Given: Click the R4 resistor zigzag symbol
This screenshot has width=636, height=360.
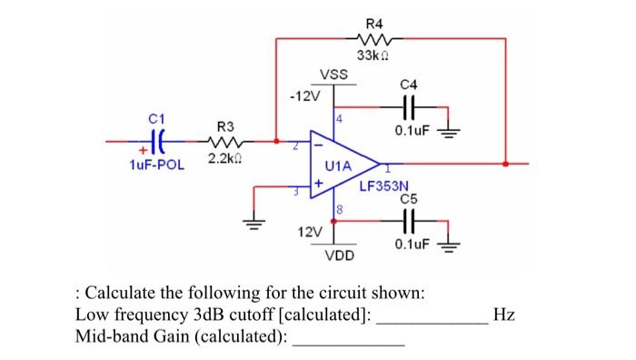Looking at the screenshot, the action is (374, 39).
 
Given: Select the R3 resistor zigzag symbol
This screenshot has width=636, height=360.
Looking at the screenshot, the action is (225, 142).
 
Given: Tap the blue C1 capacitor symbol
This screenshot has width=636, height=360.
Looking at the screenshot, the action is (157, 142).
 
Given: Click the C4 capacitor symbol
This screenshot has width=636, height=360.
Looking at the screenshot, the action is (409, 107).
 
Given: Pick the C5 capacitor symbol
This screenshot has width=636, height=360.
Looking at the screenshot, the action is (409, 221).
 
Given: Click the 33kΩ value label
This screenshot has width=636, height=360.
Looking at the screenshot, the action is (373, 55).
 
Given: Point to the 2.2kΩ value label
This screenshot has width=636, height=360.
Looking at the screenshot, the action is (225, 158).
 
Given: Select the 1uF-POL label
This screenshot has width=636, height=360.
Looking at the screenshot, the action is (156, 165).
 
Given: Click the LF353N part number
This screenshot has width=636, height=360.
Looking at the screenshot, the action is (384, 186).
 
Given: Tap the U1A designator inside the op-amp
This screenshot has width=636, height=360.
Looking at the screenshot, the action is (338, 165).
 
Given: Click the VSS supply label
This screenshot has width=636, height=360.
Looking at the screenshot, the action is (333, 75).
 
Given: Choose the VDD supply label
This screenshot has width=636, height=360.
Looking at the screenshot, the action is (340, 255).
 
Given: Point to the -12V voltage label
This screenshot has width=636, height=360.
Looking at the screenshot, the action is (305, 96).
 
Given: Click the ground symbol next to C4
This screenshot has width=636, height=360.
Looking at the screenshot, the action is (448, 133).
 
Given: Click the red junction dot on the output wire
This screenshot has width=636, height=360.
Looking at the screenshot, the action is (505, 164).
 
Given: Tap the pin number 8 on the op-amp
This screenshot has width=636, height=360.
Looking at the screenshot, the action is (340, 210).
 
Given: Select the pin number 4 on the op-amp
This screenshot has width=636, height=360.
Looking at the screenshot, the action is (339, 119).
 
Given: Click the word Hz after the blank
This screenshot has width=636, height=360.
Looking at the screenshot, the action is (503, 315).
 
